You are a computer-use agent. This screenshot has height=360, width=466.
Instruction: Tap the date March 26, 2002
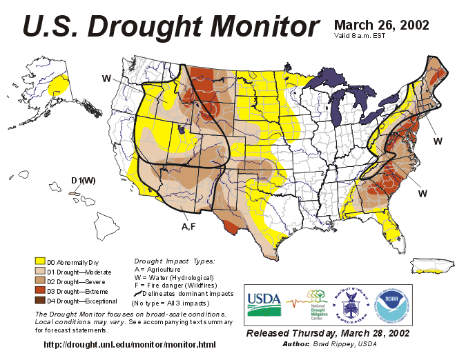click(381, 25)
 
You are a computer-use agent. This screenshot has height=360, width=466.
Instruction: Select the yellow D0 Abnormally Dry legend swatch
click(41, 261)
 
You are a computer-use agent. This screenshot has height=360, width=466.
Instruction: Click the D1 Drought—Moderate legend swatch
click(41, 272)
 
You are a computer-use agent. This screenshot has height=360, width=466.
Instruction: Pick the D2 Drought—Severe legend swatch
click(41, 281)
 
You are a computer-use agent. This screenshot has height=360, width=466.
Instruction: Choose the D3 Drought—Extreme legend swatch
click(41, 291)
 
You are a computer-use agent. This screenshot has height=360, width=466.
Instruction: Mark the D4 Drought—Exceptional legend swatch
click(41, 301)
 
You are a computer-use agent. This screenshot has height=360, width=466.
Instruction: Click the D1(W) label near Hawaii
click(83, 181)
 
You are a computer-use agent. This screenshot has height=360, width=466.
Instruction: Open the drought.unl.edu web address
click(130, 344)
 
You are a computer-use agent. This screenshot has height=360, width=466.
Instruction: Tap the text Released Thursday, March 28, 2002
click(327, 333)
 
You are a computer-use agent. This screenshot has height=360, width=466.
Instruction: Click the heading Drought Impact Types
click(173, 261)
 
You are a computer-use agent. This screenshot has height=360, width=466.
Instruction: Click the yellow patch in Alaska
click(60, 87)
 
